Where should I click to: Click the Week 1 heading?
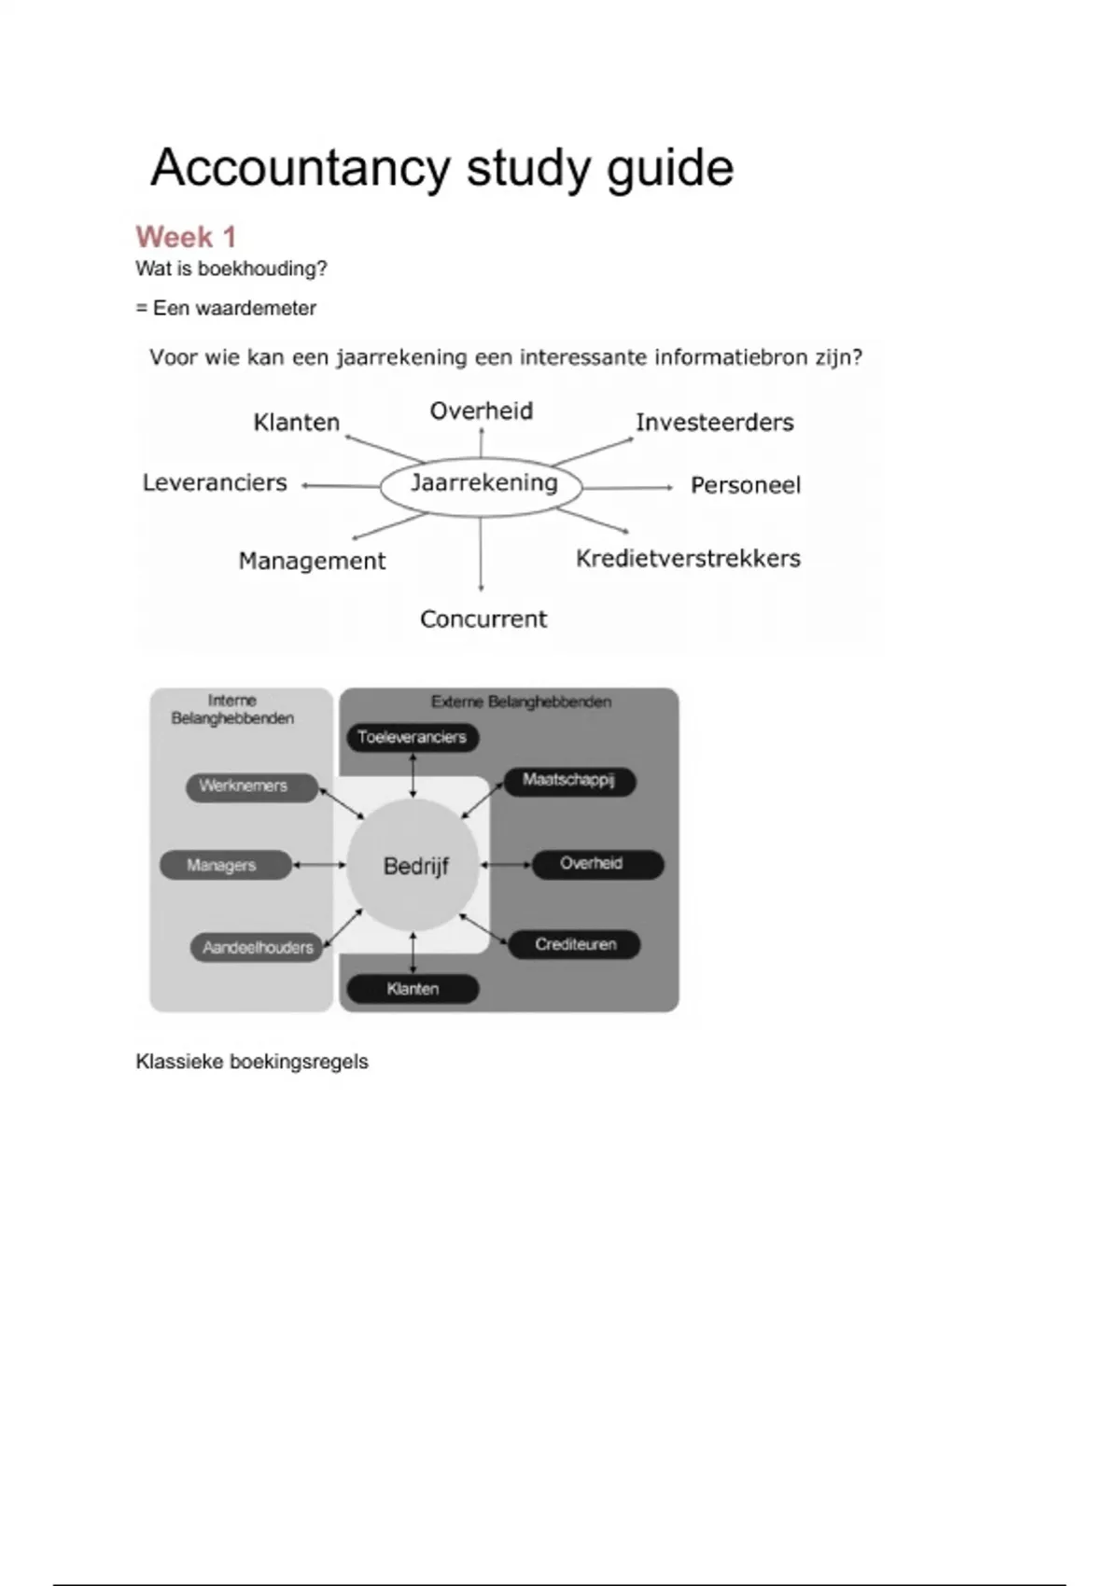186,237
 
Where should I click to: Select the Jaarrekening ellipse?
481,487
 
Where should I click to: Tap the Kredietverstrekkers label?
688,559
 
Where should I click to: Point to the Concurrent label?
483,619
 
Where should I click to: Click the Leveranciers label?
215,483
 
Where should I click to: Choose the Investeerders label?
714,423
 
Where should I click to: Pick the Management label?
312,562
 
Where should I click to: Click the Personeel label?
745,486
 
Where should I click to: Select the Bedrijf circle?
413,865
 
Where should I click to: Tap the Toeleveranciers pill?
413,737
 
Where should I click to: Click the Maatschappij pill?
569,781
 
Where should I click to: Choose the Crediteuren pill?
574,944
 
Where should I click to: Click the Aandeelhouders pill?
257,947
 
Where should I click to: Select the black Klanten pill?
413,989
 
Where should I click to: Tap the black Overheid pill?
598,865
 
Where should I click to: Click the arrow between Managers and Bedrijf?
319,865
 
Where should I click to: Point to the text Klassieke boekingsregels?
251,1062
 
